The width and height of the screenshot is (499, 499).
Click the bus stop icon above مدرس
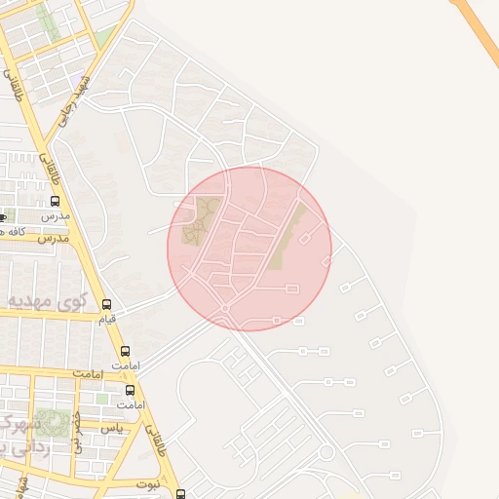click(x=55, y=201)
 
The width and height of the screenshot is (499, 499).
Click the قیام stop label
click(x=106, y=319)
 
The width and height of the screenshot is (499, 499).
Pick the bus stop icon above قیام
click(x=106, y=305)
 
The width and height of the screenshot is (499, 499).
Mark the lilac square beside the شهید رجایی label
click(x=75, y=77)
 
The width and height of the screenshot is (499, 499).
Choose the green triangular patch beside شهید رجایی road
click(x=103, y=38)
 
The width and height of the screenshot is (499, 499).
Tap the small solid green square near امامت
click(x=101, y=399)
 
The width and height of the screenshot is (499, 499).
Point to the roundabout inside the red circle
click(x=225, y=307)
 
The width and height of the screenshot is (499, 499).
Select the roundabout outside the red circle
click(x=326, y=453)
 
